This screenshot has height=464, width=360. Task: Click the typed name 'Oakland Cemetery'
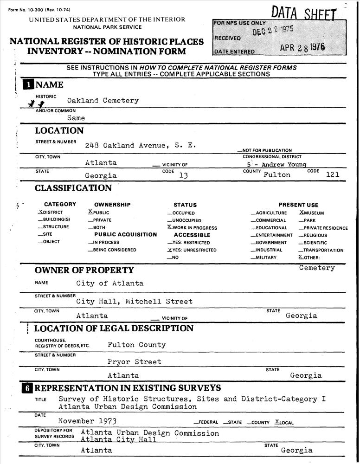pyautogui.click(x=103, y=101)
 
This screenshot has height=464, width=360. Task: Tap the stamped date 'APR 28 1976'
pyautogui.click(x=302, y=48)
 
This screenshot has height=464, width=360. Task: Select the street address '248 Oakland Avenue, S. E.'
pyautogui.click(x=140, y=145)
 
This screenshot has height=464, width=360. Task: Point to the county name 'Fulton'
pyautogui.click(x=277, y=175)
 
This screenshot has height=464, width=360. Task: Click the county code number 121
pyautogui.click(x=333, y=175)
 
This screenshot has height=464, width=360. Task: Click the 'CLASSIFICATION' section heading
pyautogui.click(x=73, y=188)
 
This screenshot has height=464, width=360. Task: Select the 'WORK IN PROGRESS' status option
pyautogui.click(x=192, y=228)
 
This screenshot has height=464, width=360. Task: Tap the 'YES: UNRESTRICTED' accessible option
pyautogui.click(x=192, y=250)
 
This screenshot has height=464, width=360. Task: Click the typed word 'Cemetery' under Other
pyautogui.click(x=317, y=268)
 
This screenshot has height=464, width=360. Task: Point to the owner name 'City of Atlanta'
pyautogui.click(x=110, y=283)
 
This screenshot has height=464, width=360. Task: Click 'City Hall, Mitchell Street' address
pyautogui.click(x=134, y=302)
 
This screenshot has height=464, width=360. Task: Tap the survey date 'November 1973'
pyautogui.click(x=87, y=421)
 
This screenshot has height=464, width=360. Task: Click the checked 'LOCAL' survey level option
pyautogui.click(x=284, y=422)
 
